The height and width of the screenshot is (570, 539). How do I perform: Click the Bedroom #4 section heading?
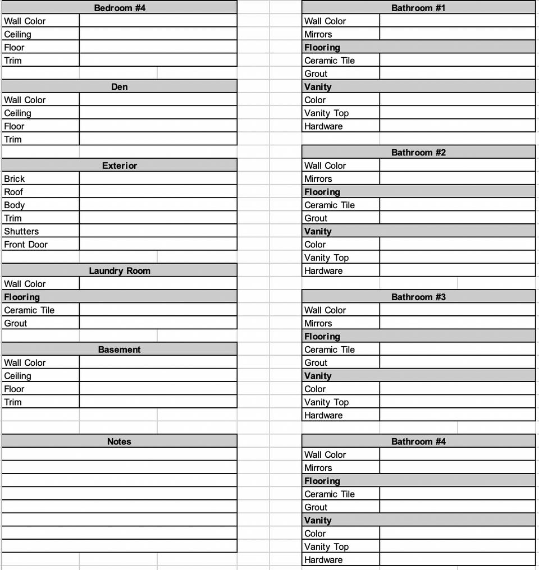tap(119, 8)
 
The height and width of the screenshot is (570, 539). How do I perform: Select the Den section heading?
tap(119, 87)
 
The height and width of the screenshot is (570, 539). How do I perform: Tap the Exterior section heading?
tap(119, 166)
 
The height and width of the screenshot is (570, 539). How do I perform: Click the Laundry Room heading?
tap(119, 271)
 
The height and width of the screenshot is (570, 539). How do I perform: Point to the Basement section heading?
tap(119, 350)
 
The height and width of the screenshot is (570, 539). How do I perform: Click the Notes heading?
tap(119, 442)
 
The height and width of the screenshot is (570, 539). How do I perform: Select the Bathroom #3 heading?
tap(418, 297)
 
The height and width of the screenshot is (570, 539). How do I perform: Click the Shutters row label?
tap(21, 231)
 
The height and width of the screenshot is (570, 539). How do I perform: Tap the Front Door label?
tap(26, 245)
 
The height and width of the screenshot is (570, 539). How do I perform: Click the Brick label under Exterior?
tap(15, 179)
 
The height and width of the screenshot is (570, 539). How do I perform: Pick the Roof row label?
tap(13, 192)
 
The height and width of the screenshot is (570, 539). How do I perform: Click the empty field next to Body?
tap(158, 205)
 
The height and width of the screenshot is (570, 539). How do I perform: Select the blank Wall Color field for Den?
tap(158, 100)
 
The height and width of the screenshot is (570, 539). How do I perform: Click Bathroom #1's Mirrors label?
tap(318, 34)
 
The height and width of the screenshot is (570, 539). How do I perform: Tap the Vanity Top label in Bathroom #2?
tap(326, 258)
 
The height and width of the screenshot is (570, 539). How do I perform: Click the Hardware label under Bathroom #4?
tap(323, 560)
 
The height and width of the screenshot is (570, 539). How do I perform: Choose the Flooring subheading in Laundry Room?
tap(22, 297)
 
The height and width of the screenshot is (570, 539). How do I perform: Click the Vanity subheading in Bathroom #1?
tap(318, 87)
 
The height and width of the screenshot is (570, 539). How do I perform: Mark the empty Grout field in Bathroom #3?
tap(457, 363)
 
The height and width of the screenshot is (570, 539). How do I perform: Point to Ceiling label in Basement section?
tap(17, 376)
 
